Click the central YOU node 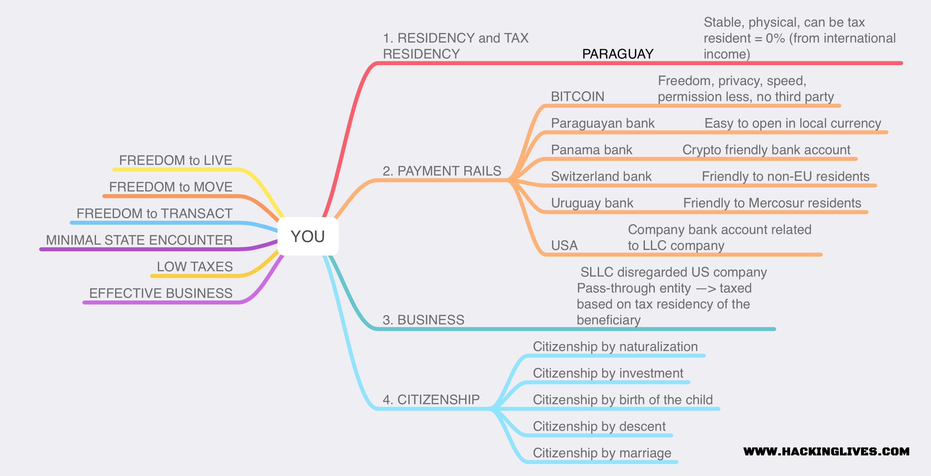tap(308, 237)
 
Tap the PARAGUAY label tap(618, 54)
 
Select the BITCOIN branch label tap(577, 97)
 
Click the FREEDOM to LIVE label tap(176, 160)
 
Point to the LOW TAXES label tap(194, 267)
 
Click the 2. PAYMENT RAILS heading tap(442, 171)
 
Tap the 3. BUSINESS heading tap(423, 320)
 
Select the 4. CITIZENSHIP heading tap(431, 400)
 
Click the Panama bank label tap(591, 150)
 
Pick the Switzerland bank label tap(601, 177)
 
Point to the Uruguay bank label tap(592, 203)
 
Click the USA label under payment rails tap(564, 246)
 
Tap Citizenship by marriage tap(602, 453)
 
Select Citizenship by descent tap(599, 426)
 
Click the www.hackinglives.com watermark tap(826, 451)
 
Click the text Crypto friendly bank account tap(766, 150)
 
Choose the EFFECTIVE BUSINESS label tap(161, 293)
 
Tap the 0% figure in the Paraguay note tap(775, 38)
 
